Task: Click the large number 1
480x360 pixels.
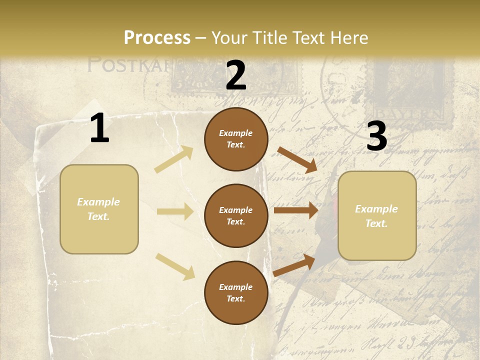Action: [99, 128]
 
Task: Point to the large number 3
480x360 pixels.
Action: [377, 136]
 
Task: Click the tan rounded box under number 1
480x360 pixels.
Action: [99, 209]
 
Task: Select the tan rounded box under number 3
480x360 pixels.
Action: [377, 216]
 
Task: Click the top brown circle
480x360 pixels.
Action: [236, 139]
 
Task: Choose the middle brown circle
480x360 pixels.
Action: [236, 216]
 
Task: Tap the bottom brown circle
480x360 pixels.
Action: [236, 292]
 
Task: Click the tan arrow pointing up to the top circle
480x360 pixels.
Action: [174, 159]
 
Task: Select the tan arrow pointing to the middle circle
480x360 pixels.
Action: [175, 211]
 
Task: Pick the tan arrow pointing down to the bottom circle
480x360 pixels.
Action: [175, 266]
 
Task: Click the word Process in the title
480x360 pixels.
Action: [157, 37]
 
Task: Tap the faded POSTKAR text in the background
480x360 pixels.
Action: [127, 65]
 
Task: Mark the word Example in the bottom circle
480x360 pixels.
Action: [235, 287]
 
